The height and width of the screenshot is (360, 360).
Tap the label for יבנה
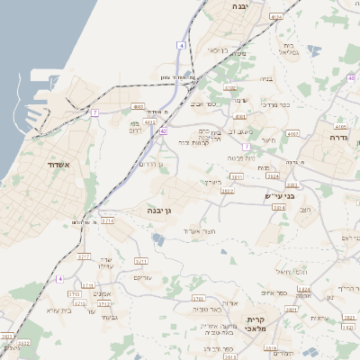[241, 6]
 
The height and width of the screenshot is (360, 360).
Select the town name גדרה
[339, 138]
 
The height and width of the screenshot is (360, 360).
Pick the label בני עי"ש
[286, 195]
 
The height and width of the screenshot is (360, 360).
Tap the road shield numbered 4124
[276, 16]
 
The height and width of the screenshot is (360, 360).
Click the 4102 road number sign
[230, 87]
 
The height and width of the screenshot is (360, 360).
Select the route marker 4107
[292, 133]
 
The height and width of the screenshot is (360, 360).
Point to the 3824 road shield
[274, 176]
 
